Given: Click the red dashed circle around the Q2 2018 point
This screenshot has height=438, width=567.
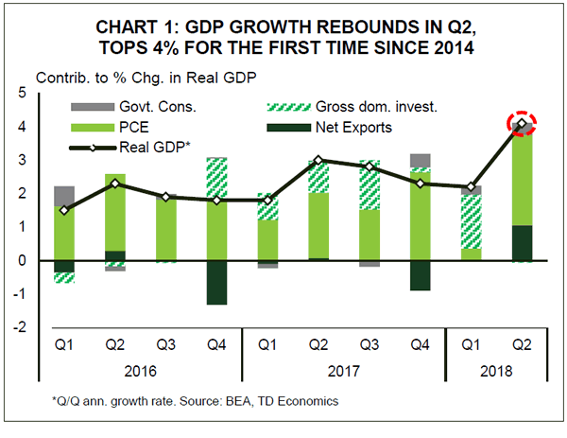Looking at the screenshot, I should click(x=522, y=124).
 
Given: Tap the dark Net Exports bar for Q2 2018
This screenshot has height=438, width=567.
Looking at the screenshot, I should click(x=522, y=242).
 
